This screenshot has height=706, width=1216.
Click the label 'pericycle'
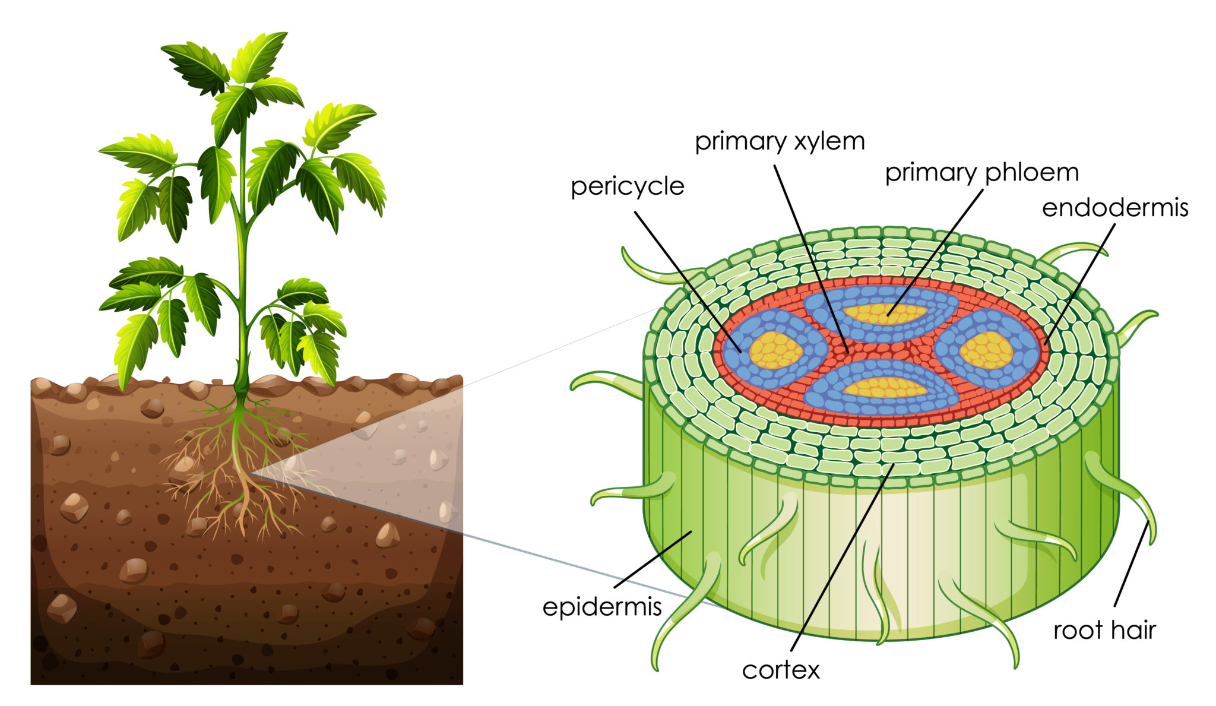[627, 186]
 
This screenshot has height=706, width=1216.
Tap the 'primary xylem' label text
[780, 141]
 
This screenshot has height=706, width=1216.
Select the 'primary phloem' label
[981, 173]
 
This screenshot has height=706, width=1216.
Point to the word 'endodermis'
[1115, 208]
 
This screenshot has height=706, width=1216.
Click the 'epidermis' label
[602, 607]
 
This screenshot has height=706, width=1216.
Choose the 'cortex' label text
[781, 670]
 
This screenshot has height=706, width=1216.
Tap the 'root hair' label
[1104, 630]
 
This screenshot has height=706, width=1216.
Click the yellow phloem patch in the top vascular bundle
[885, 313]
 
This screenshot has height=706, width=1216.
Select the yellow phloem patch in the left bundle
[775, 350]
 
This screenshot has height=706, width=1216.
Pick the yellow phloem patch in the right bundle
[986, 350]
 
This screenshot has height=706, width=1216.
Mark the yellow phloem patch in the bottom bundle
[885, 388]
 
